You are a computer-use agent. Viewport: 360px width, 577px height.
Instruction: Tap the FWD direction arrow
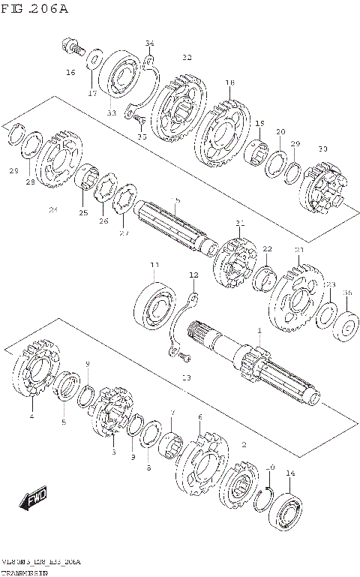tap(34, 499)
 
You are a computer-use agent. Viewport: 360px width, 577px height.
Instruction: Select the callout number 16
tap(70, 73)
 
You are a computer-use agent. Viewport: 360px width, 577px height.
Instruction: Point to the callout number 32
tap(187, 57)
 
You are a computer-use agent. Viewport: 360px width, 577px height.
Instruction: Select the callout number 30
tap(323, 149)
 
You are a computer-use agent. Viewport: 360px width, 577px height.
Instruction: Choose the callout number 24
tap(53, 210)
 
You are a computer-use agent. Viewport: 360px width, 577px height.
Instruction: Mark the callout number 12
tap(193, 275)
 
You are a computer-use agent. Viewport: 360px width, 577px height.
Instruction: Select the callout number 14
tap(290, 473)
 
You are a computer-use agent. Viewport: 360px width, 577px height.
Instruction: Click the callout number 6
tap(199, 417)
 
